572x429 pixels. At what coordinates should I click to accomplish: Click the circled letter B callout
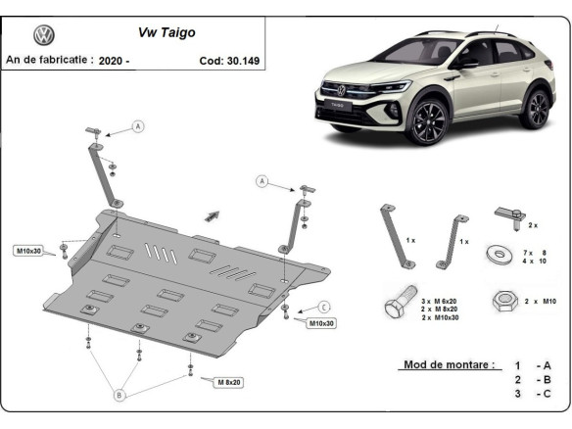(120, 395)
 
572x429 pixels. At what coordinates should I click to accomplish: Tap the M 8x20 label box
(229, 381)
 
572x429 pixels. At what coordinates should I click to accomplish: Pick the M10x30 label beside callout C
(321, 323)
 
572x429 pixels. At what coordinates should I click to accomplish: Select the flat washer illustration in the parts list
(501, 255)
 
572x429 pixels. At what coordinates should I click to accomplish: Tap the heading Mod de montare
(449, 365)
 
